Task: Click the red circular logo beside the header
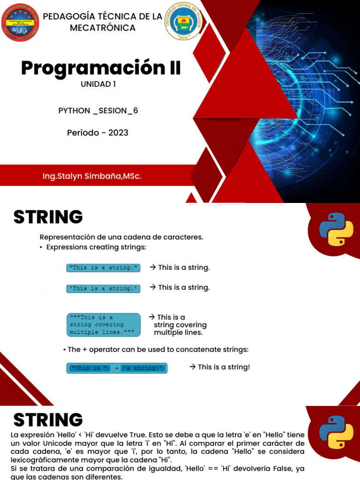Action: coord(20,22)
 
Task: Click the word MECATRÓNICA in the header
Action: coord(103,28)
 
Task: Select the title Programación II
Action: coord(101,68)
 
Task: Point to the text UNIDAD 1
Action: coord(98,84)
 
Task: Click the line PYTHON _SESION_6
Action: coord(98,111)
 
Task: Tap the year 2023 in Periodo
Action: coord(118,133)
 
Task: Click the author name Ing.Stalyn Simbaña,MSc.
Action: coord(92,177)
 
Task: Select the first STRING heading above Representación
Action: coord(48,217)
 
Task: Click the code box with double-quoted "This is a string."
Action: coord(103,268)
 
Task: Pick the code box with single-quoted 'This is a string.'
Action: coord(103,288)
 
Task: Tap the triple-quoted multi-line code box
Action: coord(103,324)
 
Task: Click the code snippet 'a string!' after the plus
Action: coord(143,368)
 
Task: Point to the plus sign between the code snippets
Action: coord(117,368)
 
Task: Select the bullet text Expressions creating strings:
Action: coord(96,247)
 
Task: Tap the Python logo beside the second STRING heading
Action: coord(336,432)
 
